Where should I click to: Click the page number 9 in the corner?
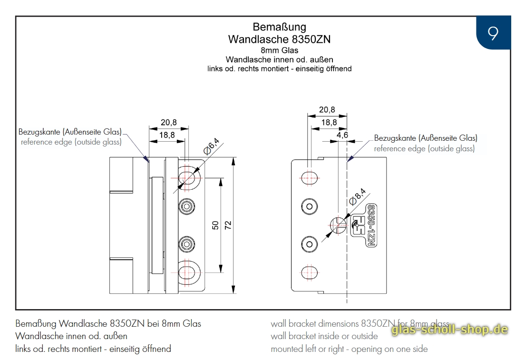[x=493, y=33]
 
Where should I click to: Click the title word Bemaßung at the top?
[x=279, y=27]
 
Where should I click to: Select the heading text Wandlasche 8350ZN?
[x=279, y=39]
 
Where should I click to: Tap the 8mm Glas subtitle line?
[x=279, y=50]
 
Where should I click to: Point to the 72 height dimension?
[x=228, y=225]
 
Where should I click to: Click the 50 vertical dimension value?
[x=215, y=225]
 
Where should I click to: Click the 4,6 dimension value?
[x=342, y=135]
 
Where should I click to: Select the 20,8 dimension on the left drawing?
[x=168, y=122]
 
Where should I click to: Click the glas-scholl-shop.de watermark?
[x=449, y=330]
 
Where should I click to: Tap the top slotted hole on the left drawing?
[x=187, y=177]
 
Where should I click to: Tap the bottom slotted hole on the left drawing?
[x=187, y=272]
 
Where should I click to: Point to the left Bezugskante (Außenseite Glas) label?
[x=70, y=132]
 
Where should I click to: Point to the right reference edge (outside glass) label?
[x=424, y=148]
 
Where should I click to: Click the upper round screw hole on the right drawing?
[x=310, y=206]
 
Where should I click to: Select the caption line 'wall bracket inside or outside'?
[x=324, y=336]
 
